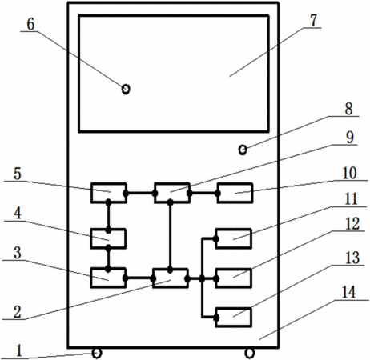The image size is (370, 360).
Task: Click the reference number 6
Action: tap(30, 25)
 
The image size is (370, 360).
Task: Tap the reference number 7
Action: tap(313, 21)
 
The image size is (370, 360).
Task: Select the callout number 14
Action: tap(348, 292)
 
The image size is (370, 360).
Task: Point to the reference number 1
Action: tap(18, 350)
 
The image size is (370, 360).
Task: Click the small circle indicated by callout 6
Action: tap(126, 89)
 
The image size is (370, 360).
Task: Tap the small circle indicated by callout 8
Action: tap(243, 150)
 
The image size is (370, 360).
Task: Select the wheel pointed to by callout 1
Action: tap(97, 354)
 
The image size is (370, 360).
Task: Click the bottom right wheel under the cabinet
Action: tap(250, 354)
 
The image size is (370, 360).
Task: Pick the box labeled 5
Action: tap(108, 193)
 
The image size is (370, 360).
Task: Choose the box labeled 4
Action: tap(108, 238)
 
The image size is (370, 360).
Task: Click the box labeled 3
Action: tap(108, 278)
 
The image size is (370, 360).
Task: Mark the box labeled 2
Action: tap(171, 278)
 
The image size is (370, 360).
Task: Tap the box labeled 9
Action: tap(172, 193)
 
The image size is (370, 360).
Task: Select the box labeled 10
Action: tap(235, 193)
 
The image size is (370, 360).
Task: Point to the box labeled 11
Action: tap(233, 238)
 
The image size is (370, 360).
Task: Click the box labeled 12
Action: tap(233, 278)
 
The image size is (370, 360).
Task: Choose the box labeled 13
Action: tap(233, 318)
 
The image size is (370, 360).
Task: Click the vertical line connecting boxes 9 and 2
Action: tap(170, 236)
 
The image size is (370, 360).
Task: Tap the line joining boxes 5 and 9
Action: tap(140, 193)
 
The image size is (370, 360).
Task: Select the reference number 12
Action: tap(352, 224)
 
